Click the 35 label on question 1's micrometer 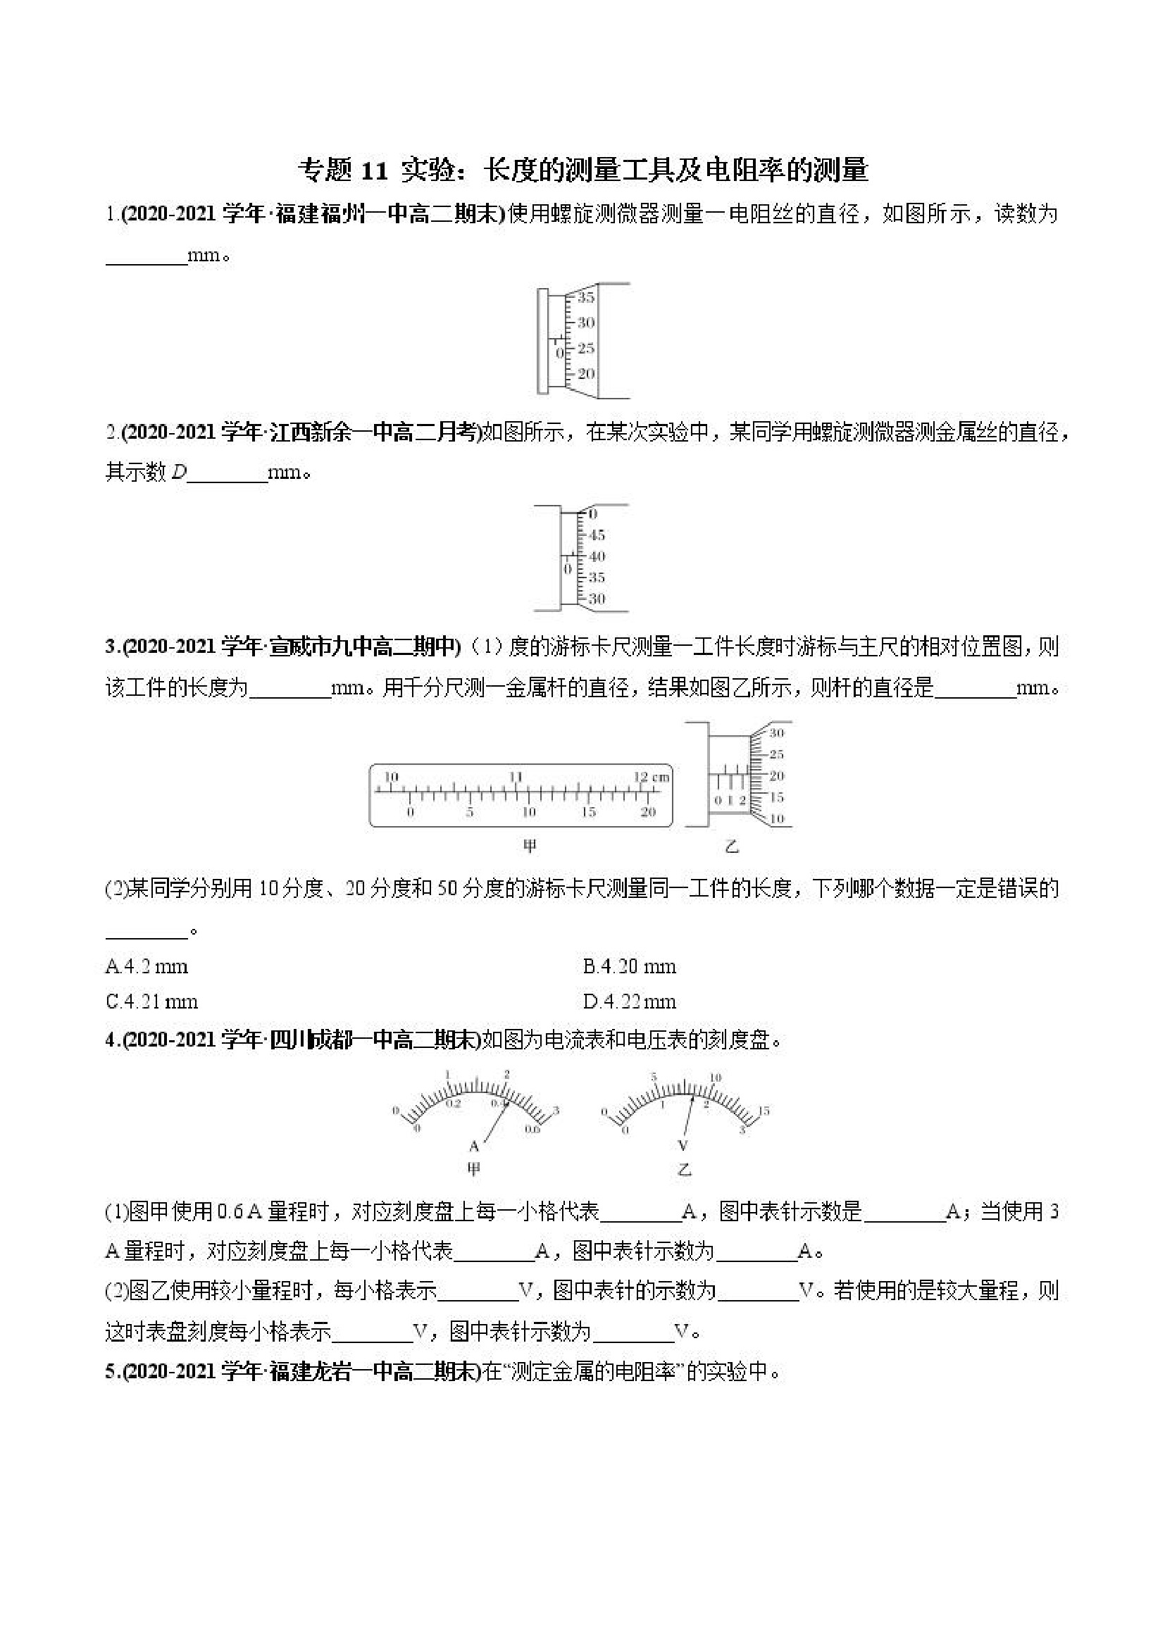click(586, 297)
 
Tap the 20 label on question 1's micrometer click(586, 374)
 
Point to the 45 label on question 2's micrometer click(597, 535)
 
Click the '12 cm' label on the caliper click(651, 777)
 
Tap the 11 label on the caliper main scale click(516, 777)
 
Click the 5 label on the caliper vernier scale click(469, 813)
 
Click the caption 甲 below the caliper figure click(529, 847)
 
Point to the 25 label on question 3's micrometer click(776, 754)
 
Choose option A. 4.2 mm click(147, 967)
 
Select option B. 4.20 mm click(629, 967)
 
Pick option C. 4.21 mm click(151, 1001)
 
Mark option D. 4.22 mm click(629, 1001)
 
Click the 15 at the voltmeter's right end click(763, 1111)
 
